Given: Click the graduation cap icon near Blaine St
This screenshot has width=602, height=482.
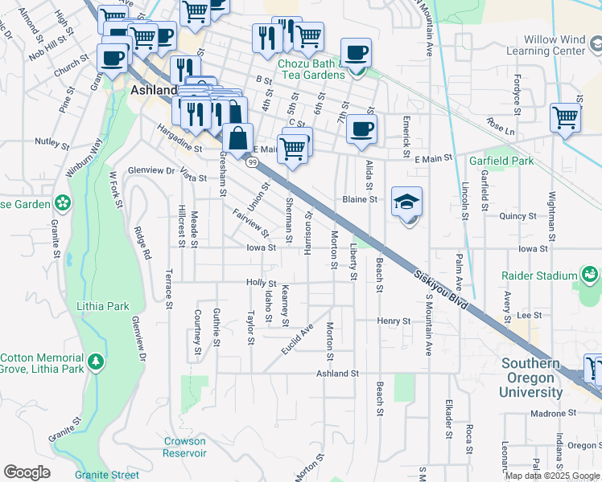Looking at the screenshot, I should coord(407,202).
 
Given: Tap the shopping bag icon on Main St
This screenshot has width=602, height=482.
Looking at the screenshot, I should coord(238,137).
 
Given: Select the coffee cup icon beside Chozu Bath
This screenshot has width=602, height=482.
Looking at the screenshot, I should coord(357,54).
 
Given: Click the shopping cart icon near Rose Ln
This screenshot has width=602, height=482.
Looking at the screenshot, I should coord(566,117).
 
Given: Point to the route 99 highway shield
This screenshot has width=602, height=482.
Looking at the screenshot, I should coord(253,163).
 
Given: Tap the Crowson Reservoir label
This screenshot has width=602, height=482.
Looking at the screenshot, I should coord(185,447).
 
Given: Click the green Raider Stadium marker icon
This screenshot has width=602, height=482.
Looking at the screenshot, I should coord(592,276).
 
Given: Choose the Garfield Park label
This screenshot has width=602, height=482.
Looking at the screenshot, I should coord(501,161).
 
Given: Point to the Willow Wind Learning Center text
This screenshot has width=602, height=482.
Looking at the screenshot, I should coord(555,45).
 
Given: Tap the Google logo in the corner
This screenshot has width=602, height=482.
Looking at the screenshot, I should coord(27,472).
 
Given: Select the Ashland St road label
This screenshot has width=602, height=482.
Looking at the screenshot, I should coord(336,374).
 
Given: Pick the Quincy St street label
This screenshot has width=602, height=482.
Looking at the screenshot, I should coord(517,215).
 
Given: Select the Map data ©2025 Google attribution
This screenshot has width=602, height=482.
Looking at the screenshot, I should coord(552,476).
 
